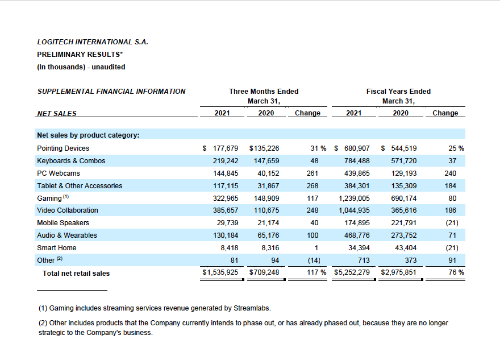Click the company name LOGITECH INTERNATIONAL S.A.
click(93, 42)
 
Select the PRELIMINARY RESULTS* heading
click(80, 55)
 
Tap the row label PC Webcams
click(59, 173)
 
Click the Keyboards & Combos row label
click(71, 161)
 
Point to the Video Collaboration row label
click(68, 210)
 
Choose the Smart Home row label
click(57, 248)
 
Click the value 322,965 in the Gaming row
click(226, 198)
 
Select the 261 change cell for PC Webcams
click(312, 173)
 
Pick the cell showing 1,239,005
click(354, 198)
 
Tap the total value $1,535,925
click(220, 272)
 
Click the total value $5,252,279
click(352, 272)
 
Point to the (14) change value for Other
click(314, 260)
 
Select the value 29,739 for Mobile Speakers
click(227, 223)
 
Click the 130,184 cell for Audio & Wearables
click(226, 235)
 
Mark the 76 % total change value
click(456, 272)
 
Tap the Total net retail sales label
click(76, 274)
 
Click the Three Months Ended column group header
click(264, 92)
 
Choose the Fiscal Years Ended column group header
click(399, 92)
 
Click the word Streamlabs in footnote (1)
click(252, 308)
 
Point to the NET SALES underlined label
click(57, 114)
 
